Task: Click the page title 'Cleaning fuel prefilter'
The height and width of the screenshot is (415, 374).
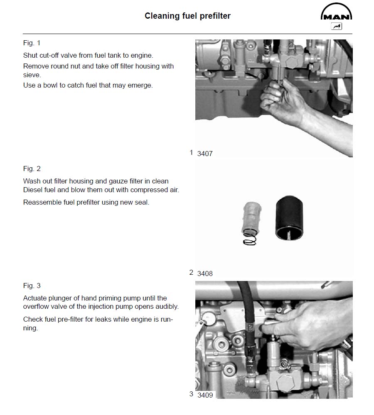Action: pos(187,16)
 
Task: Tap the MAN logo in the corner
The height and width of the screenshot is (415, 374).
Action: pos(336,13)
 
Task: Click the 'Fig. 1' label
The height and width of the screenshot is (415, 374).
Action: pos(32,43)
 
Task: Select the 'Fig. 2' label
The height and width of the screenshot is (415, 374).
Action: pos(32,168)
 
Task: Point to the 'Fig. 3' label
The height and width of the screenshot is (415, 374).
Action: pos(32,286)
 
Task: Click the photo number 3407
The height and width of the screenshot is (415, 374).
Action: pos(205,154)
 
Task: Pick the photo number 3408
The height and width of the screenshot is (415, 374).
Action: pos(205,273)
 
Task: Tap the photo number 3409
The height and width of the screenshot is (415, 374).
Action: pos(205,395)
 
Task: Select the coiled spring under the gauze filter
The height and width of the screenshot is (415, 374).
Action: pos(249,237)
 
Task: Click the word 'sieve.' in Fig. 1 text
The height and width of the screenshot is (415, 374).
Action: pos(32,76)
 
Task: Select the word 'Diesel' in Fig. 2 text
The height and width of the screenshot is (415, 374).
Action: pos(33,190)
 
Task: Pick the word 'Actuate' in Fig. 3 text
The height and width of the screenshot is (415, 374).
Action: pos(34,298)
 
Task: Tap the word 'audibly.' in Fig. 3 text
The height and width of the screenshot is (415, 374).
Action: pos(165,306)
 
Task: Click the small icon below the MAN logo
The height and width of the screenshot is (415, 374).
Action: pos(336,27)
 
